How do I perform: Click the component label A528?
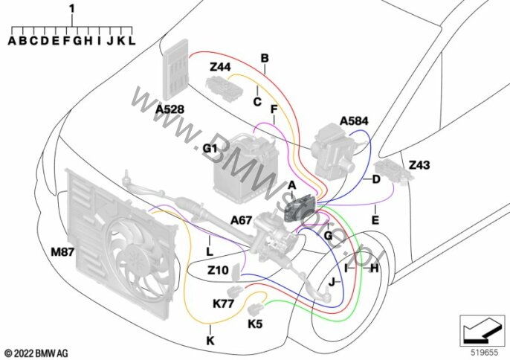(170, 109)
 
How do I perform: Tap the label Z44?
(220, 67)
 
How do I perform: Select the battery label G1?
(210, 148)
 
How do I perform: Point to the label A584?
(354, 120)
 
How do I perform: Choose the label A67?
(241, 219)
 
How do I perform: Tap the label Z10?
(218, 270)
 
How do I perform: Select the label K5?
(254, 324)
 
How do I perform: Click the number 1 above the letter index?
(71, 8)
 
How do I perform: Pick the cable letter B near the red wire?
(264, 58)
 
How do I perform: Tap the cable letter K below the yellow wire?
(209, 340)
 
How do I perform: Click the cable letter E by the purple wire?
(375, 220)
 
